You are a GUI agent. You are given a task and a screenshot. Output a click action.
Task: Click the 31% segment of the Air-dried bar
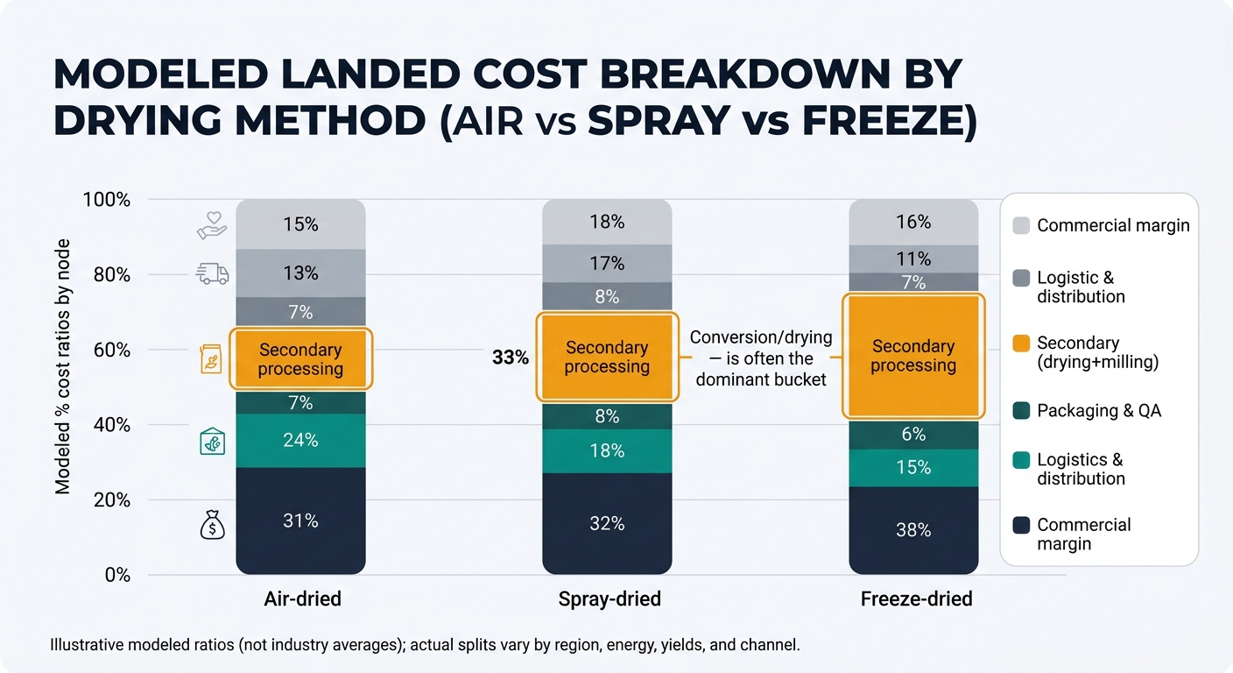300,521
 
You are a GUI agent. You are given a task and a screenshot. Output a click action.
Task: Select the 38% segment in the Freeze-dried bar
913,529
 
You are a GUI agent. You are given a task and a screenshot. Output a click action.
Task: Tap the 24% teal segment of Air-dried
300,440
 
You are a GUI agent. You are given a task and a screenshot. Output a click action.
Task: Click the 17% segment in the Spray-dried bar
607,263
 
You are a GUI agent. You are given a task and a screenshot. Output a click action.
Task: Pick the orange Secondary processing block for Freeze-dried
913,357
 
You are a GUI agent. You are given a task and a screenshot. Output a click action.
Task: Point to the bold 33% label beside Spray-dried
511,358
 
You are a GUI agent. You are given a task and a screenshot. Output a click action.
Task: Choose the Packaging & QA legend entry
1099,410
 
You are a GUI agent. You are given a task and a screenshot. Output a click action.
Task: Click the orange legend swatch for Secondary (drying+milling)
1021,344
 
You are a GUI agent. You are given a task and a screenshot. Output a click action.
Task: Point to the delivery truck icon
213,274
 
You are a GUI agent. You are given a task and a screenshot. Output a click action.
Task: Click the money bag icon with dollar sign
213,525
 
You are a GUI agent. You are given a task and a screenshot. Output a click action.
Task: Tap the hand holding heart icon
212,225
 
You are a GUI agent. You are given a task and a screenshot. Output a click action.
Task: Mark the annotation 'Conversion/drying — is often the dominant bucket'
760,358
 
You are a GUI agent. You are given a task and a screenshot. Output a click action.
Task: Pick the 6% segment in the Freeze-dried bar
913,435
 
